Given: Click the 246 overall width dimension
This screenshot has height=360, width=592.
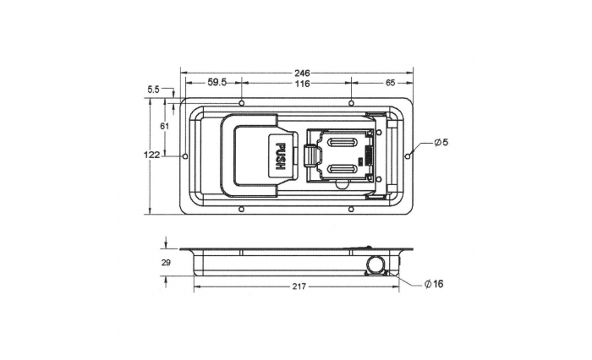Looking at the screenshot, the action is [302, 73].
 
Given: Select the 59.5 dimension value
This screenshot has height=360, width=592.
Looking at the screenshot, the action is [217, 83].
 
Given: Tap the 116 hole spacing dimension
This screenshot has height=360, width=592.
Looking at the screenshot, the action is [302, 84].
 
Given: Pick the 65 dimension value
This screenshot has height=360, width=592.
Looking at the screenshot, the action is [390, 83].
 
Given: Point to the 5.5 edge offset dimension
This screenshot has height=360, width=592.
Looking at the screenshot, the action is [154, 90].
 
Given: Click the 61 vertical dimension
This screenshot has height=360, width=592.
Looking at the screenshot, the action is [164, 126].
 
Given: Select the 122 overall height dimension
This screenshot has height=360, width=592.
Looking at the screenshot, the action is [151, 155].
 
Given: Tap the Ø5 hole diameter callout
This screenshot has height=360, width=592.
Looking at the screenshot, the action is [441, 143].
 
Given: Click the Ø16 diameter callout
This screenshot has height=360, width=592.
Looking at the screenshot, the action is [434, 284].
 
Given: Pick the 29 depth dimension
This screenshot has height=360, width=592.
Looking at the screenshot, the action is [166, 263].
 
